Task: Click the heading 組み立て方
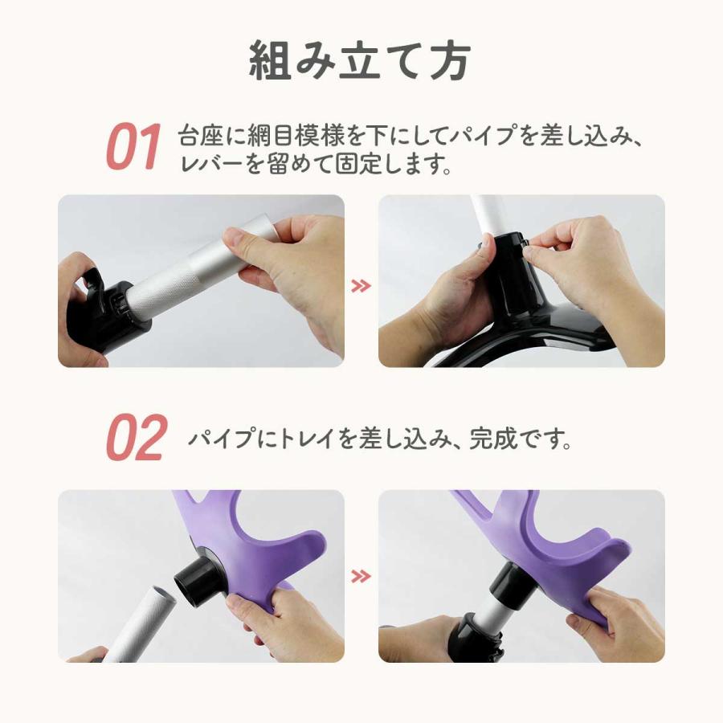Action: [360, 61]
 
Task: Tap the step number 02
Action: [136, 437]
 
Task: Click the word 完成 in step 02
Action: [491, 438]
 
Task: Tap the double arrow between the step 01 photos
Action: [361, 286]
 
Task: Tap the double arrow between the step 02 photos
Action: [361, 576]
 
